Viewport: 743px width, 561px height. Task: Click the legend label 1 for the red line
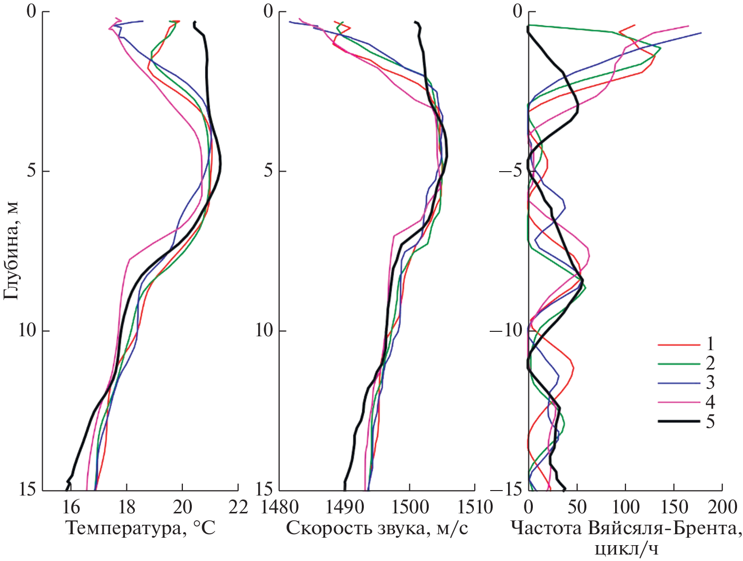coord(710,344)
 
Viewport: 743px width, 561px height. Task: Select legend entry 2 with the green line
coord(710,363)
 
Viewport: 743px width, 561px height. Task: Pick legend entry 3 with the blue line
coord(710,382)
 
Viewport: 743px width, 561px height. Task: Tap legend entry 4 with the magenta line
coord(710,402)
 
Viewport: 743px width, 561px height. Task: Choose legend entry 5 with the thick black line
coord(710,422)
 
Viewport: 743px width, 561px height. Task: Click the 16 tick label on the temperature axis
coord(71,507)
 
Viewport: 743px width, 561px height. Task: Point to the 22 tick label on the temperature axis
coord(238,507)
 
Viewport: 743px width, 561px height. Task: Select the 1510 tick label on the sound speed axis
coord(474,507)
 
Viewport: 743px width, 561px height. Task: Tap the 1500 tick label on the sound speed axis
coord(409,507)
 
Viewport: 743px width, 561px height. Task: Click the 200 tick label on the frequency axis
coord(722,507)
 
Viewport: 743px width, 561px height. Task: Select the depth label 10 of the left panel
coord(27,330)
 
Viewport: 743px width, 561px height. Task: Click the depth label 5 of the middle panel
coord(268,171)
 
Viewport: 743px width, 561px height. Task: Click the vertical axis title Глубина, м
coord(11,250)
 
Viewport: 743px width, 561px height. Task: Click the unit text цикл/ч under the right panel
coord(627,549)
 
